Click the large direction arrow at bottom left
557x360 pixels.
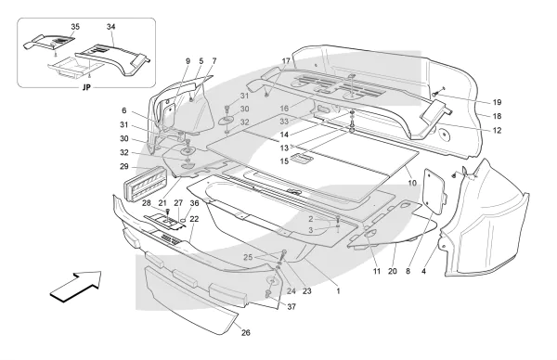tap(76, 286)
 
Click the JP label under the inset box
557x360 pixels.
tap(86, 87)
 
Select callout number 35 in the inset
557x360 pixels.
tap(75, 27)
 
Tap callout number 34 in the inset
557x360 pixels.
tap(110, 27)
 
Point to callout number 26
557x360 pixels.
tap(246, 333)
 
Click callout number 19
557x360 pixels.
tap(497, 102)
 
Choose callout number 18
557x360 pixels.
tap(497, 116)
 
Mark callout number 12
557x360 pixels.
tap(497, 130)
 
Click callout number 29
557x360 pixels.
tap(124, 166)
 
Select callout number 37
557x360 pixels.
tap(291, 307)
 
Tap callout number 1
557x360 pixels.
tap(338, 291)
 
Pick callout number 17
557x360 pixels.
tap(286, 61)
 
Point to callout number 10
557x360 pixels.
tap(412, 183)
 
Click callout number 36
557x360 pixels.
tap(194, 203)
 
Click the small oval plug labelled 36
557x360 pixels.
tap(183, 221)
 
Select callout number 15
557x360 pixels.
tap(284, 161)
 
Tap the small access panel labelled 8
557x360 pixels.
tap(434, 190)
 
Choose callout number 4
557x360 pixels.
tap(423, 271)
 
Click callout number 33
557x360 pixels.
tap(284, 122)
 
